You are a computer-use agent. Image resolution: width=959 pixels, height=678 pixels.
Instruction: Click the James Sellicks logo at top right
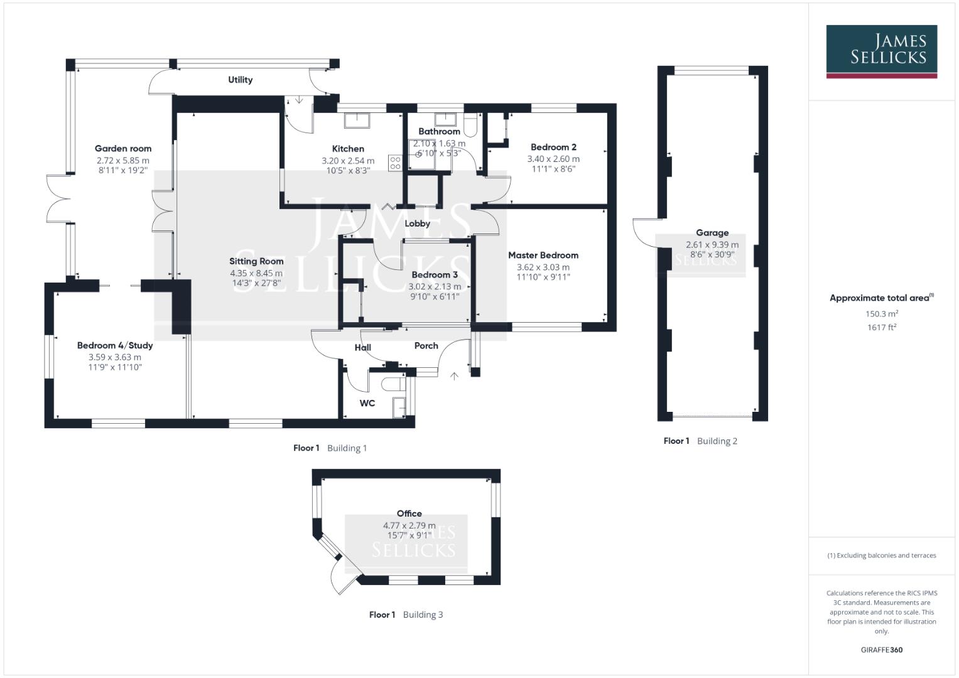(881, 51)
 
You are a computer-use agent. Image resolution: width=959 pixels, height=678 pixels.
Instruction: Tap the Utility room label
(240, 80)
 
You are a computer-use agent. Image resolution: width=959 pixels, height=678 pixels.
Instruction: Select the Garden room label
(123, 149)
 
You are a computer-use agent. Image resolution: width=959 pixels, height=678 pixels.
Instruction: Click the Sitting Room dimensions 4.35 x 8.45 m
(256, 273)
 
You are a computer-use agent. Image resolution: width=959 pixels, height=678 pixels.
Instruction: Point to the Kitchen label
(348, 149)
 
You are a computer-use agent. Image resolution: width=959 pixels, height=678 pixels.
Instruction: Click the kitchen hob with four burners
(395, 163)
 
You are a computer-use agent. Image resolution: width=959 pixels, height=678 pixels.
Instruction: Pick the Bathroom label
(439, 131)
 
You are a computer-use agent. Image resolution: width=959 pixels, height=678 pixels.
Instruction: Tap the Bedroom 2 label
(553, 147)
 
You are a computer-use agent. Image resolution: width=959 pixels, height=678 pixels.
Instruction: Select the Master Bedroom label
(543, 255)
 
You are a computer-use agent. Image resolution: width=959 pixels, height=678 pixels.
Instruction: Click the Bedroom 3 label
(435, 274)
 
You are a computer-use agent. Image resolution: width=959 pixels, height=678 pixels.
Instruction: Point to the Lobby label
(417, 223)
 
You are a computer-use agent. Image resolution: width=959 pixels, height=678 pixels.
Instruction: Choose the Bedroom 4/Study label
(115, 345)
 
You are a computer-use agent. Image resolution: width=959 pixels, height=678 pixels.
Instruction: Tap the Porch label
(426, 346)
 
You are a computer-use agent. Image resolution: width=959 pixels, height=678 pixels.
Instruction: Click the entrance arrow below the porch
(455, 375)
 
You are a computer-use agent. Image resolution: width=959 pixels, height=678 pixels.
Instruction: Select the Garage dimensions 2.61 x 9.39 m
(712, 245)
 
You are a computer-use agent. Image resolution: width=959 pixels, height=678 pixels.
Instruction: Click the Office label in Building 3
(409, 514)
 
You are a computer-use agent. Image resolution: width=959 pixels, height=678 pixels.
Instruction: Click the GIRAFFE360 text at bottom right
(881, 650)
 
